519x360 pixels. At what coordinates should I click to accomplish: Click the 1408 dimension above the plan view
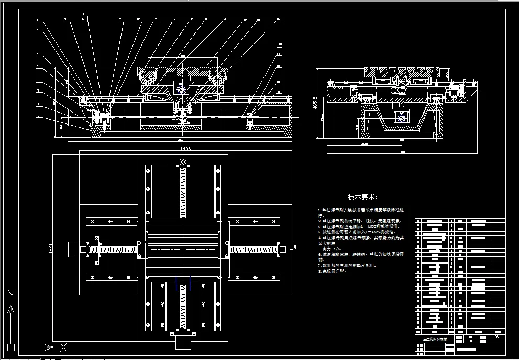tap(185, 149)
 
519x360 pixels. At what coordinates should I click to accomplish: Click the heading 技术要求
tap(363, 197)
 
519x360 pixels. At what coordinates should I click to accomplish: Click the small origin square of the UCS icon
tap(11, 347)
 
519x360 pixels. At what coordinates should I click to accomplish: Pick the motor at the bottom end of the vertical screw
tap(183, 343)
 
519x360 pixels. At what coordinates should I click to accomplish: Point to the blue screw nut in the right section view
tap(402, 119)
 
